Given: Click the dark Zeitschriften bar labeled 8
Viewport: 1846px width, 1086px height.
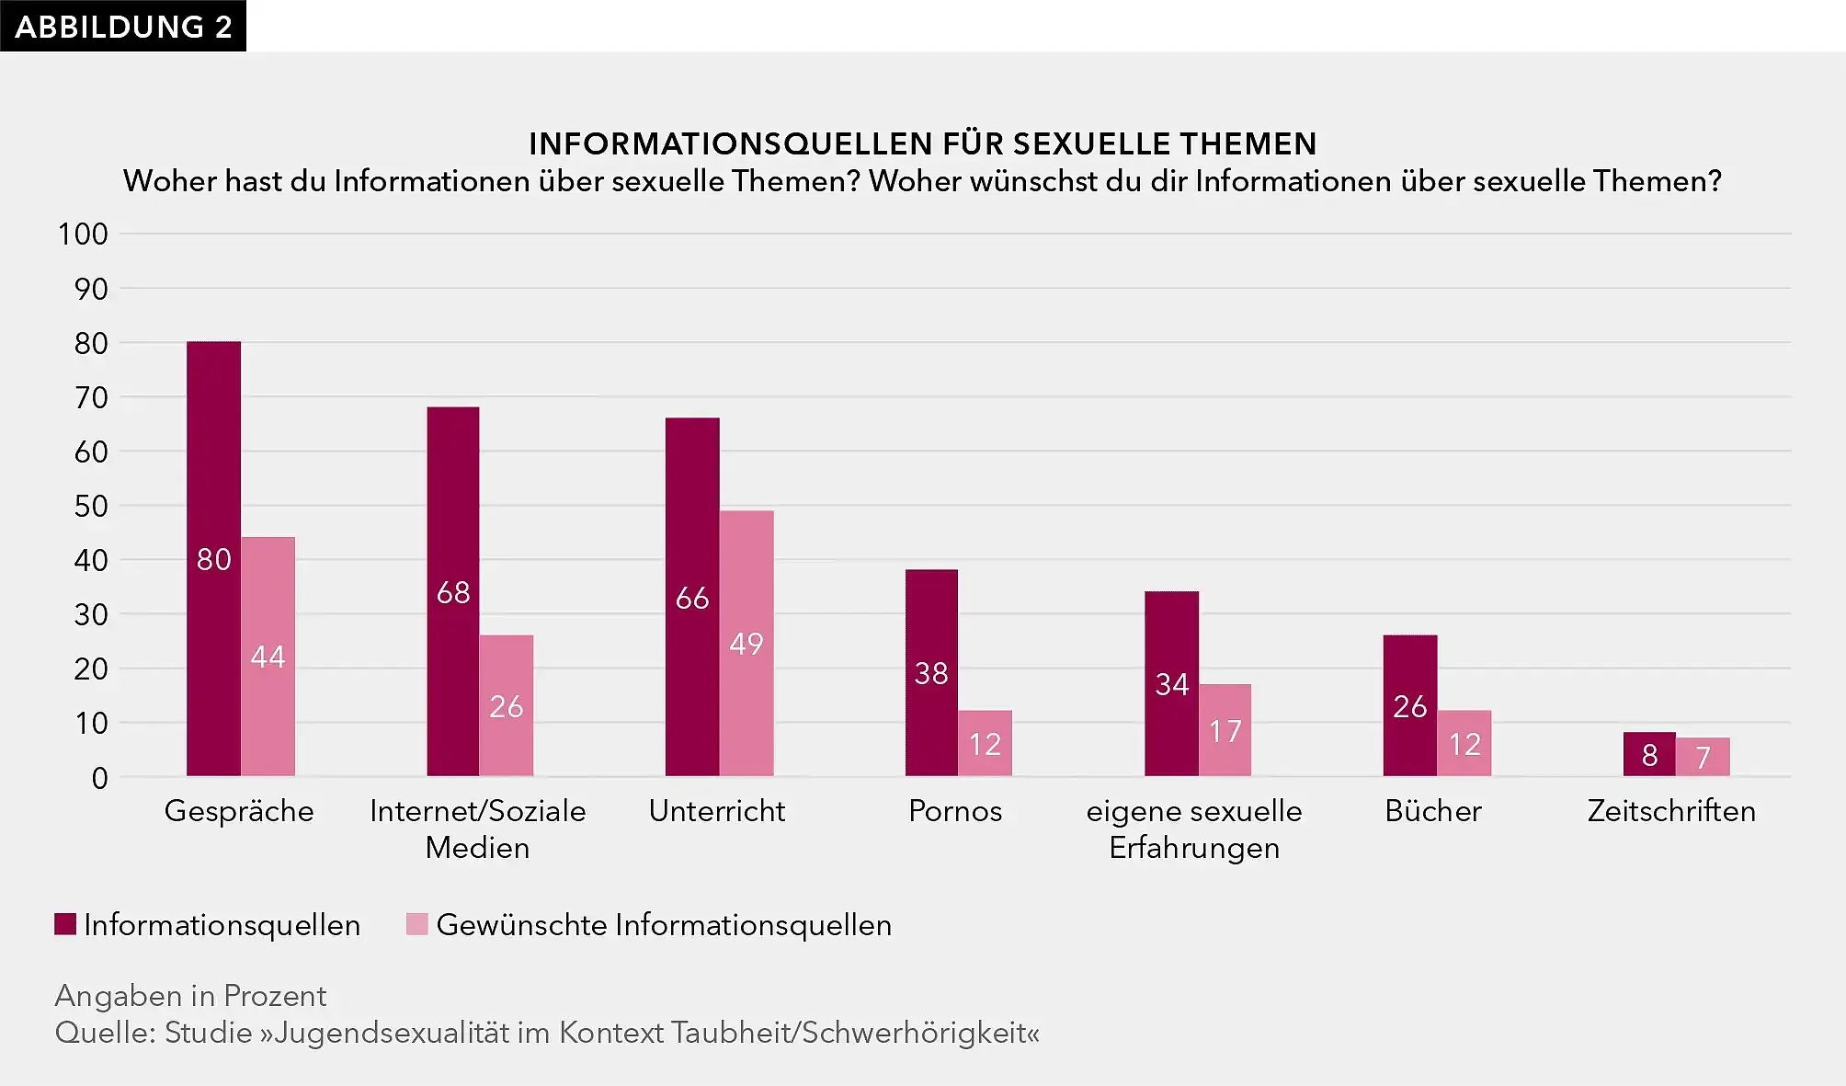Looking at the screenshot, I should tap(1649, 755).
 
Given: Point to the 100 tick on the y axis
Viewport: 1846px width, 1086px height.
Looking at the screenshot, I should tap(83, 234).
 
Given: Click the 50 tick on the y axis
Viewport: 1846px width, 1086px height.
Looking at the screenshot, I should tap(91, 506).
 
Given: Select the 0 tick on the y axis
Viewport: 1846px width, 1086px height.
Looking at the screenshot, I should tap(99, 778).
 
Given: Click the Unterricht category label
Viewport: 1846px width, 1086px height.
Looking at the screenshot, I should tap(717, 811).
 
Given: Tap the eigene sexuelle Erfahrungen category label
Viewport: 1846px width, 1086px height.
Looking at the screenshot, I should tap(1194, 829).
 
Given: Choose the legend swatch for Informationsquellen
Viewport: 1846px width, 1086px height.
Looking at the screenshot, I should tap(65, 924).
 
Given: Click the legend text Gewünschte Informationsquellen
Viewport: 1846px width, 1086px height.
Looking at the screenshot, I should tap(664, 925).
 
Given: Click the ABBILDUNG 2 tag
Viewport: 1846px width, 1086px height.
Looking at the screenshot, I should tap(123, 26).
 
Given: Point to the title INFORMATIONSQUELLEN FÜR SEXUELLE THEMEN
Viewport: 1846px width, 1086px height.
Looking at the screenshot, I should tap(922, 144).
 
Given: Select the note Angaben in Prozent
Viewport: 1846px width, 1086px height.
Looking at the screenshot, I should tap(190, 996).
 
